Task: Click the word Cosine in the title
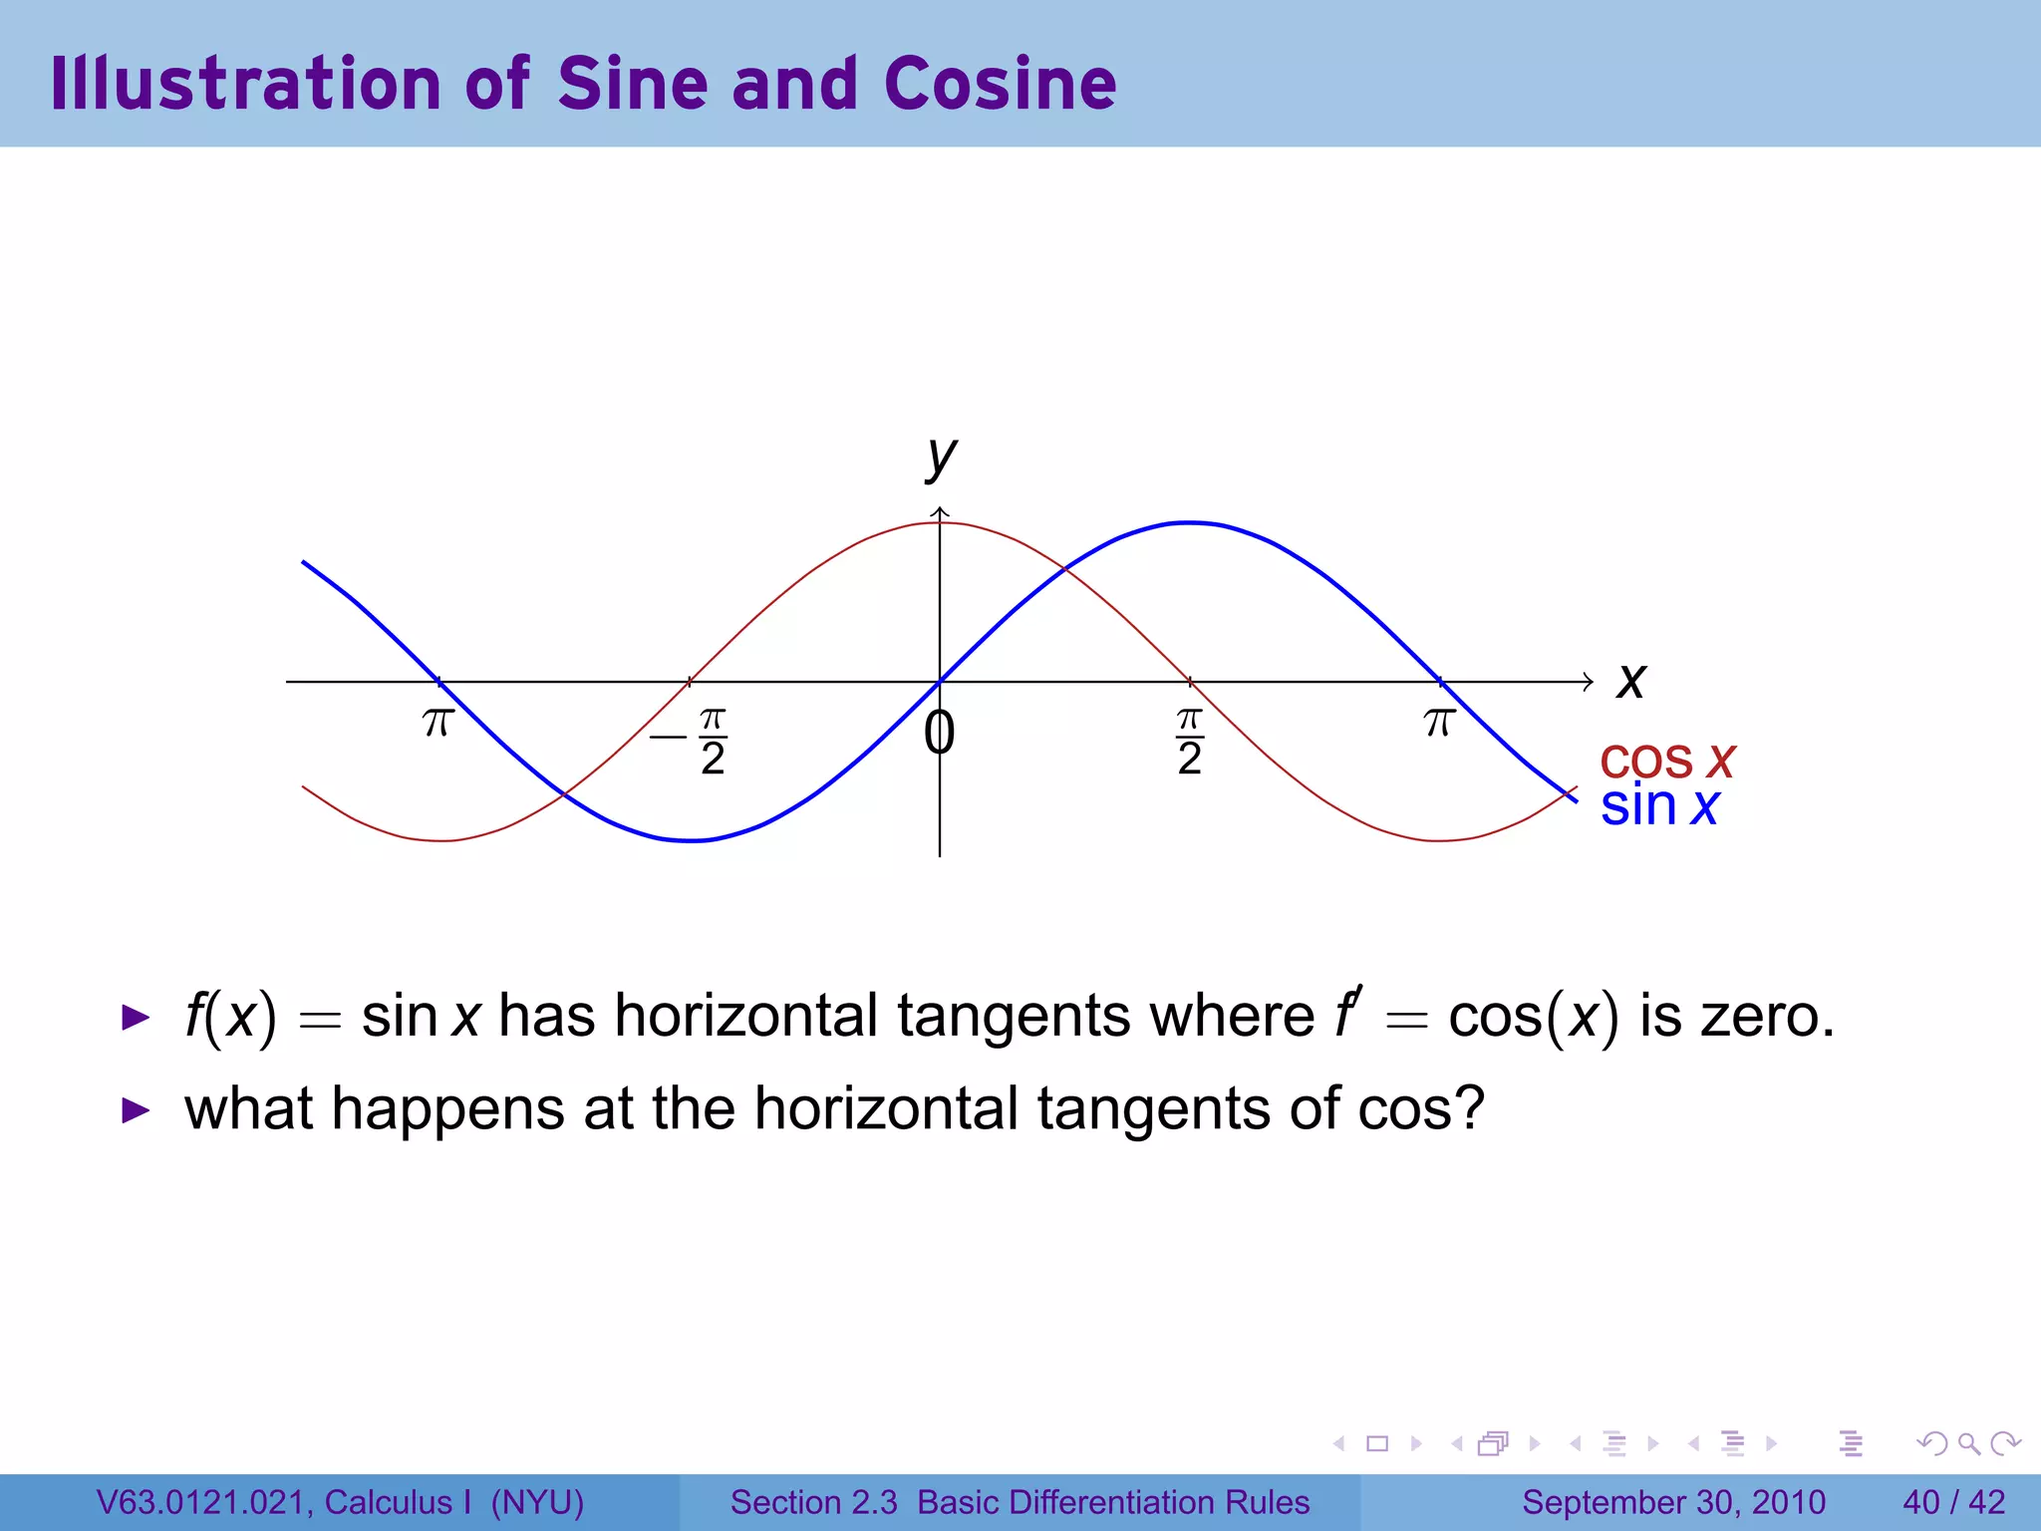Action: pyautogui.click(x=1000, y=84)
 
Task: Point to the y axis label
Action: pyautogui.click(x=941, y=459)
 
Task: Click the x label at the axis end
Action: pyautogui.click(x=1631, y=682)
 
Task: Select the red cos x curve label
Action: pyautogui.click(x=1666, y=761)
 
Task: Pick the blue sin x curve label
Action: pyautogui.click(x=1659, y=806)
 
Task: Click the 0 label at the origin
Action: pyautogui.click(x=939, y=734)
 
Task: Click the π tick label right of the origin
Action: pyautogui.click(x=1439, y=722)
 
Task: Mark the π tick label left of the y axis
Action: pyautogui.click(x=438, y=722)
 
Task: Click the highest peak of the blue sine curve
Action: pyautogui.click(x=1189, y=522)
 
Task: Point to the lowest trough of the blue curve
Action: pyautogui.click(x=691, y=840)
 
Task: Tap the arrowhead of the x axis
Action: pyautogui.click(x=1588, y=682)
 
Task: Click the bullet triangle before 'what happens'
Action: pyautogui.click(x=136, y=1110)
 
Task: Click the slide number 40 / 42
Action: pyautogui.click(x=1953, y=1502)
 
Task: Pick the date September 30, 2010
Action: pyautogui.click(x=1673, y=1502)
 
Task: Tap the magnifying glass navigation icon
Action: pyautogui.click(x=1968, y=1443)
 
